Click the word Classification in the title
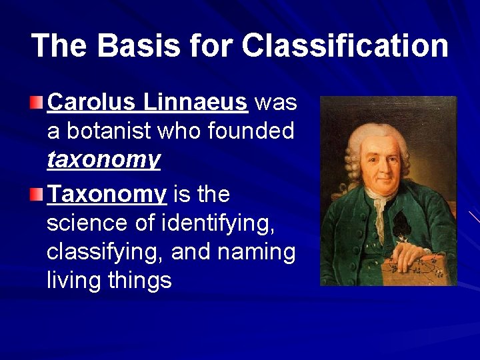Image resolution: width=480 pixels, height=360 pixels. pos(345,46)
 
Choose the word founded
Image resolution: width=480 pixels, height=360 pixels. pos(251,131)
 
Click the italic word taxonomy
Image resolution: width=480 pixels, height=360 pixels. pos(103,160)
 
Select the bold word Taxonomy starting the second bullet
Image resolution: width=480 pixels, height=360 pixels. pos(107,195)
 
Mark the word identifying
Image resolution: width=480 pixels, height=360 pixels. pos(218,223)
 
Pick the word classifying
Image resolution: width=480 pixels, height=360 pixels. pos(105,253)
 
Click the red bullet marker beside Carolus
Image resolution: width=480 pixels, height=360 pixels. pos(37,103)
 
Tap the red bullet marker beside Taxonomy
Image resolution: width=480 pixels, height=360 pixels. pos(37,195)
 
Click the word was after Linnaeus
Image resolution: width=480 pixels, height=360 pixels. pos(276,103)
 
